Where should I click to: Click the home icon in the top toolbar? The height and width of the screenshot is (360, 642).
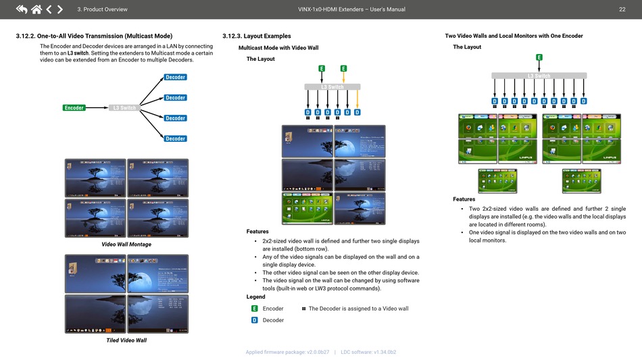(x=36, y=9)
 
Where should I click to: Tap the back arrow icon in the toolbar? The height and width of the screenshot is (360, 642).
(x=21, y=9)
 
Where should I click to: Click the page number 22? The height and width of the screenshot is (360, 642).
(x=622, y=9)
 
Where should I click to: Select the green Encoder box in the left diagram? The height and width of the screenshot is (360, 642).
(x=74, y=108)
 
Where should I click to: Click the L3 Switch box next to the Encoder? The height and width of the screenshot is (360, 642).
(x=124, y=108)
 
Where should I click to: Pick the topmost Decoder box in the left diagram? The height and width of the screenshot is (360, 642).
(x=175, y=78)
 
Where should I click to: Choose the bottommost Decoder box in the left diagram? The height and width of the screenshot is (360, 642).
(x=175, y=138)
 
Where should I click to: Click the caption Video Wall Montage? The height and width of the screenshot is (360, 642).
(x=126, y=245)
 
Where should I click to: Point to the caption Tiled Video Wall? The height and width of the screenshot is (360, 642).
(x=126, y=340)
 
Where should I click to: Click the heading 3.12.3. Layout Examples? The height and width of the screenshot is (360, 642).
(x=256, y=36)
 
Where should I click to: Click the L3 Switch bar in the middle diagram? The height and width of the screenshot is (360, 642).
(x=332, y=86)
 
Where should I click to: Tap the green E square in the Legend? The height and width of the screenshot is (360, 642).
(x=254, y=309)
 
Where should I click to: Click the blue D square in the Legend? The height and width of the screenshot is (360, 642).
(x=254, y=320)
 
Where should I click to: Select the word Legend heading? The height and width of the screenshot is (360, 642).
(x=255, y=297)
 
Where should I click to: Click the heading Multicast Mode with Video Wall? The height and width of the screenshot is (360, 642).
(x=278, y=47)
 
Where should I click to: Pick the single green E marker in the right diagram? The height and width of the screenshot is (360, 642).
(x=539, y=57)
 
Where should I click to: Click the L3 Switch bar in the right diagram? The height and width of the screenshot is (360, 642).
(x=539, y=76)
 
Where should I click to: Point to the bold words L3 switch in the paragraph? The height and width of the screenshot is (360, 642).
(x=78, y=53)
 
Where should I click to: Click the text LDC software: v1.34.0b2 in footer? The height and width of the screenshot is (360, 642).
(x=368, y=352)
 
